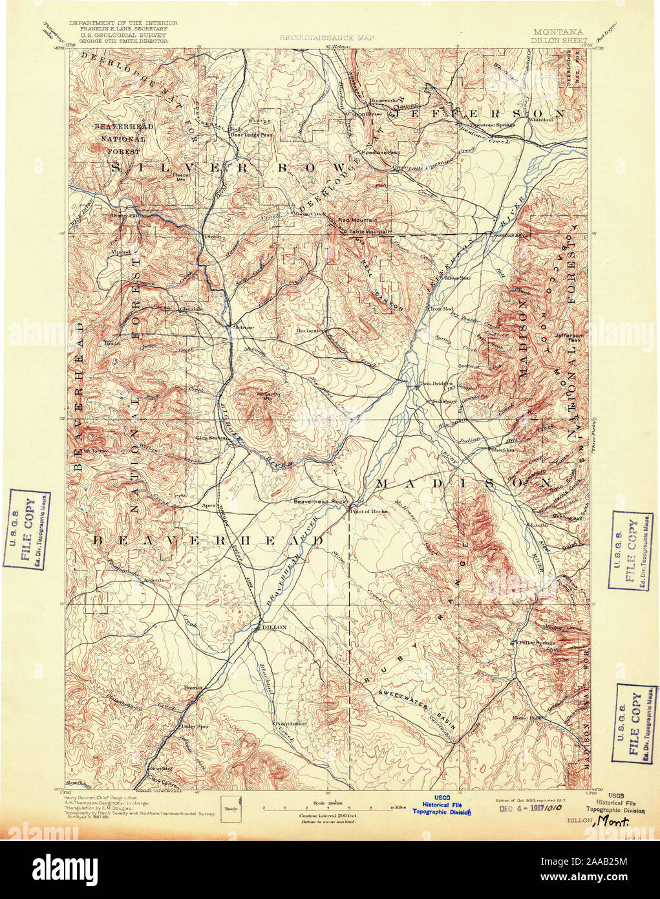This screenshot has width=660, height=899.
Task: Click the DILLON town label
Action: [273, 627]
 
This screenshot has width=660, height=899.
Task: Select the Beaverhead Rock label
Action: [316, 500]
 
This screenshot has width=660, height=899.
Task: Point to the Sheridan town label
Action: [501, 449]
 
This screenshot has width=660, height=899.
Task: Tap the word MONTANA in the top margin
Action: [558, 32]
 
